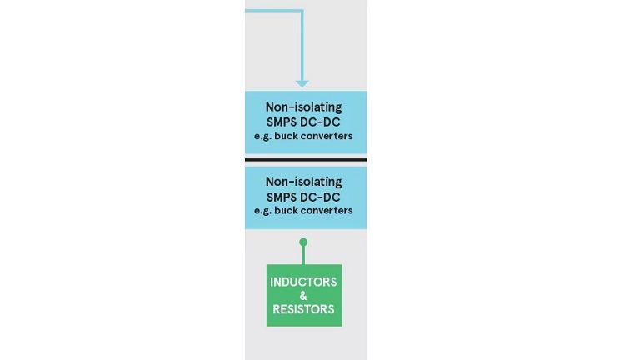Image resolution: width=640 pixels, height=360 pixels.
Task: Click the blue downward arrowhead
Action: tap(302, 83)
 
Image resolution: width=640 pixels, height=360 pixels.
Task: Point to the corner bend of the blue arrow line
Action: tap(302, 11)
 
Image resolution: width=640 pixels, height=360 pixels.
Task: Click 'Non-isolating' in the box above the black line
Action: tap(303, 107)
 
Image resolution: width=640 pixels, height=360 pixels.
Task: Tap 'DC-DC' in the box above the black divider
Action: tap(320, 122)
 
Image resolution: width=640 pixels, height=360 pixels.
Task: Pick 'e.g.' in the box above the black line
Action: tap(262, 137)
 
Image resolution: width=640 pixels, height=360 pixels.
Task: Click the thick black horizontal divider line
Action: tap(306, 160)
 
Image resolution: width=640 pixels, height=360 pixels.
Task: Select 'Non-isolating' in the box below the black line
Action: tap(303, 182)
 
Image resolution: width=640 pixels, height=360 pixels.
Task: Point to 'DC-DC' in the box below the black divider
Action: tap(320, 197)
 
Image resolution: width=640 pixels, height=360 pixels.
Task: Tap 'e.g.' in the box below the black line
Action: tap(262, 211)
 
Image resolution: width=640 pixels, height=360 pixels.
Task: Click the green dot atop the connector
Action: tap(303, 242)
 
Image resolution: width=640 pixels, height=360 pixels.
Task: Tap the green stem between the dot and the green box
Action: tap(303, 255)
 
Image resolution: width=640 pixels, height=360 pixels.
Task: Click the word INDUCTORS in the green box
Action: tap(303, 282)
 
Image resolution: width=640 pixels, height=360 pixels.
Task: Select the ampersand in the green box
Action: tap(303, 296)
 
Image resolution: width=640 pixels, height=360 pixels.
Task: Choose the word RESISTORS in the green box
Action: tap(303, 309)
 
